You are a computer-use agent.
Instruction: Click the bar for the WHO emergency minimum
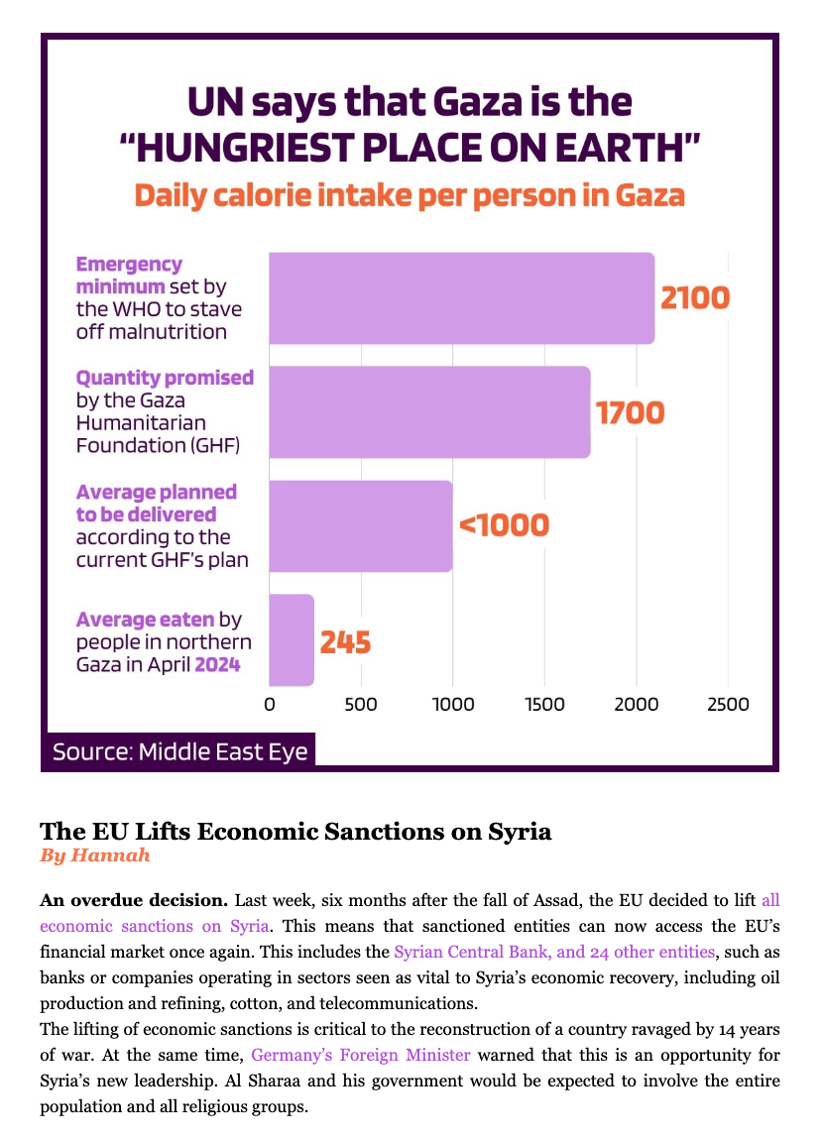click(x=462, y=298)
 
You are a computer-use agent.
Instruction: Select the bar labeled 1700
click(x=429, y=412)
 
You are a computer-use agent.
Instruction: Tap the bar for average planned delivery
click(x=361, y=525)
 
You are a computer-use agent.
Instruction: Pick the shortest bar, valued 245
click(x=292, y=639)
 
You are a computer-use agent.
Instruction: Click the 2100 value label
click(x=695, y=298)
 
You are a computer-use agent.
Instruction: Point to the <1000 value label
click(x=504, y=525)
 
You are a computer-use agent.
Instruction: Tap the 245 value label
click(x=345, y=642)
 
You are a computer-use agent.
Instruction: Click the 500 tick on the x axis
click(x=361, y=704)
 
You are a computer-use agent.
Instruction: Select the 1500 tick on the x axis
click(x=544, y=704)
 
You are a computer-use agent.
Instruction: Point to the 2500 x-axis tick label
click(x=728, y=704)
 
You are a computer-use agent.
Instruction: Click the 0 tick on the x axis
click(x=270, y=704)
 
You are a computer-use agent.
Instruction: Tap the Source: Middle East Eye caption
click(x=180, y=751)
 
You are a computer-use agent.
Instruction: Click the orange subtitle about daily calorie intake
click(x=410, y=195)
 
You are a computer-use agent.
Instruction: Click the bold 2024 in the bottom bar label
click(x=217, y=664)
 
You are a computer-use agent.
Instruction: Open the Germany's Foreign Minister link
click(x=361, y=1055)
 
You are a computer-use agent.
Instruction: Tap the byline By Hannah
click(x=95, y=855)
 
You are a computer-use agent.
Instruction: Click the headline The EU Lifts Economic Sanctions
click(x=295, y=831)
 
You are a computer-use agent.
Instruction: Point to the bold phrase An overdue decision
click(x=135, y=900)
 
